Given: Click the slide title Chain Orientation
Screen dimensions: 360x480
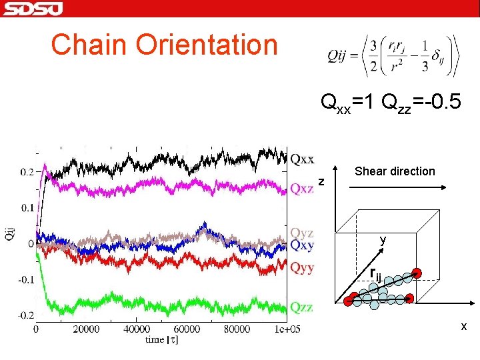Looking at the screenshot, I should tap(164, 45).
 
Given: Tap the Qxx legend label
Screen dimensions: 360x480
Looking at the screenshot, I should tap(302, 159).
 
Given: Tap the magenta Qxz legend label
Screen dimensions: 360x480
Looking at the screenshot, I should tap(301, 189).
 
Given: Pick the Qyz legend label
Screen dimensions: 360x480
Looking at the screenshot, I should tap(301, 233).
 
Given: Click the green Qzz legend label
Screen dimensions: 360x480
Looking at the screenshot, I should tap(301, 307).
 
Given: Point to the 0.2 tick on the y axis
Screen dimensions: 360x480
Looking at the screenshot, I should tap(27, 172).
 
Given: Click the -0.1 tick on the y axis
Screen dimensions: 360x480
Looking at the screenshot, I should tap(25, 280).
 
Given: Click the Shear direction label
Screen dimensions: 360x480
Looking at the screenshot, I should tap(395, 171).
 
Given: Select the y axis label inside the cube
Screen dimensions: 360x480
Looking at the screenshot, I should tap(383, 239).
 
